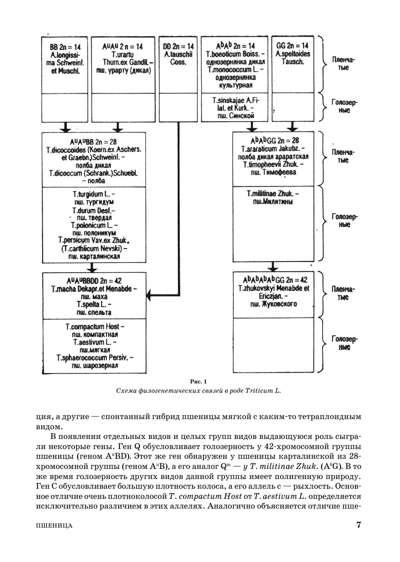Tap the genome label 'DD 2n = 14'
point(178,47)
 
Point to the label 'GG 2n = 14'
point(292,46)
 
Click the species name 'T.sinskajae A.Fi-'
point(235,100)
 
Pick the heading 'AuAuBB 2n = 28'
point(94,142)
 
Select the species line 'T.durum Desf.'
point(94,211)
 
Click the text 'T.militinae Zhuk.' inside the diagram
point(273,194)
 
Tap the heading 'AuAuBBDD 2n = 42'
point(94,281)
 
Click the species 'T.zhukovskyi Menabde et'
point(274,288)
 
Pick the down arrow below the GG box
point(292,128)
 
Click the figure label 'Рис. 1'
point(199,381)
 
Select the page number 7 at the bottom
point(358,525)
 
